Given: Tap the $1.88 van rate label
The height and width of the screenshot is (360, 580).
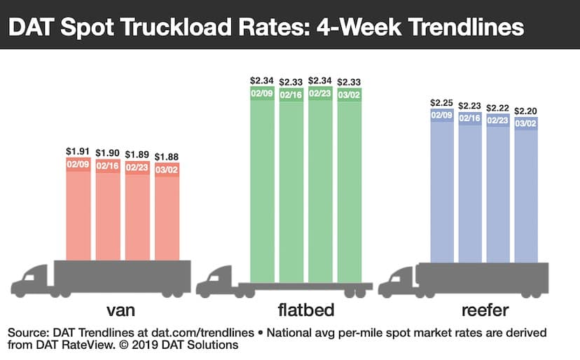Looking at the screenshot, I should [166, 156].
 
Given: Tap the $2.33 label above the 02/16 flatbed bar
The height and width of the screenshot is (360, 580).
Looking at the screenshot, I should [291, 82].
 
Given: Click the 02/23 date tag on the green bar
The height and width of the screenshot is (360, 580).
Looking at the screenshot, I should [320, 94].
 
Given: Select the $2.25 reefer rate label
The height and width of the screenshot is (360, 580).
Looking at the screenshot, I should [441, 102].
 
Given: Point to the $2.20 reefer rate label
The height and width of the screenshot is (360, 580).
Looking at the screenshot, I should [526, 111].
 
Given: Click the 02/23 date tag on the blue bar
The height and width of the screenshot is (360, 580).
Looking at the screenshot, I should [498, 120].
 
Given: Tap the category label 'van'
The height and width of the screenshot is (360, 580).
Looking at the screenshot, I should [116, 310].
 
